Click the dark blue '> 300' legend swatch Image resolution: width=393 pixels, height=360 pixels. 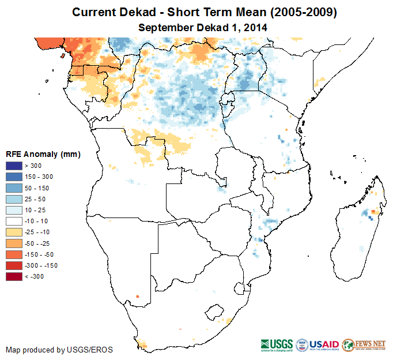pos(13,166)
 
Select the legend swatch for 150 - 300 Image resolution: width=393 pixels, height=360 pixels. pos(13,177)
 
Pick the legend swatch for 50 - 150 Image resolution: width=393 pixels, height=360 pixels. pos(13,187)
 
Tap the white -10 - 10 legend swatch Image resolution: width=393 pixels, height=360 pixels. pos(13,221)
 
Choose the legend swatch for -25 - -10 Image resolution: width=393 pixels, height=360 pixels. pos(13,232)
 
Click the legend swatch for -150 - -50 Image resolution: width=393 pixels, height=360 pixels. pos(13,254)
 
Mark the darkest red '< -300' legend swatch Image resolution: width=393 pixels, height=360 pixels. pos(13,276)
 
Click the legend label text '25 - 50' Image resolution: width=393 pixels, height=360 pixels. pos(36,199)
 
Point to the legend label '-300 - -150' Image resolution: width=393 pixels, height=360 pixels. pos(42,265)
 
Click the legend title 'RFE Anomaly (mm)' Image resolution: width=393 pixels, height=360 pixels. pos(43,154)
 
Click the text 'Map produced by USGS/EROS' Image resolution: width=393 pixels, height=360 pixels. pos(59,350)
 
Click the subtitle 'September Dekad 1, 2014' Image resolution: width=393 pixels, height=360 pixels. pos(203,27)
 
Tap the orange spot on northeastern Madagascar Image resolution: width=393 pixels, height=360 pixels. pos(373,212)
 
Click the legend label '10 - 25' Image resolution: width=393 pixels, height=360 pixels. pos(36,210)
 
